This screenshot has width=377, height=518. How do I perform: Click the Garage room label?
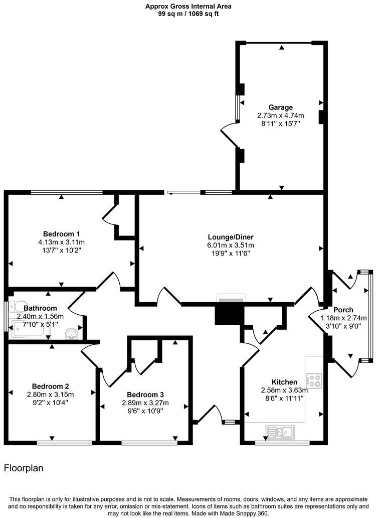tap(280, 107)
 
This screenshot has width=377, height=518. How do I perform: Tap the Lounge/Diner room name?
tap(231, 237)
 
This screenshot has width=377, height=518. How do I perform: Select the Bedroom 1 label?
tap(62, 234)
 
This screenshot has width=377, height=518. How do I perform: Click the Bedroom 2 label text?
tap(51, 386)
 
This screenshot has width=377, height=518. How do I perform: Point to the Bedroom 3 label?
tap(145, 395)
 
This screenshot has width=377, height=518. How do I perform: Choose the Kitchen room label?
tap(284, 382)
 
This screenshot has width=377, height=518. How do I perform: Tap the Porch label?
tap(343, 310)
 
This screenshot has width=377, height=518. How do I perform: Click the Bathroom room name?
tap(40, 308)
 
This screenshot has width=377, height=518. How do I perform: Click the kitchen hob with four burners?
tap(314, 380)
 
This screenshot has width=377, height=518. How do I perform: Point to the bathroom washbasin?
tap(71, 332)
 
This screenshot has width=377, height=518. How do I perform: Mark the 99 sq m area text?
tap(188, 14)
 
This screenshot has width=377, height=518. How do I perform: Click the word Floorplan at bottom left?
tap(24, 468)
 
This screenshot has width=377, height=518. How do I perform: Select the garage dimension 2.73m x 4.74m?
tap(280, 115)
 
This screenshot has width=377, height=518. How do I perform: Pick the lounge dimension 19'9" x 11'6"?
tap(231, 253)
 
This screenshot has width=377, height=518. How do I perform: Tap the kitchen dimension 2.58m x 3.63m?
tap(284, 390)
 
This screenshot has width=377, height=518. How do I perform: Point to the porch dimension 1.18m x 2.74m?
tap(343, 318)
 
